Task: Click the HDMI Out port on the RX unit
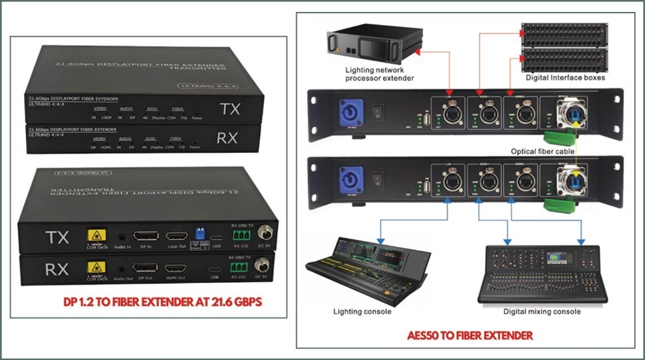tap(176, 268)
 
